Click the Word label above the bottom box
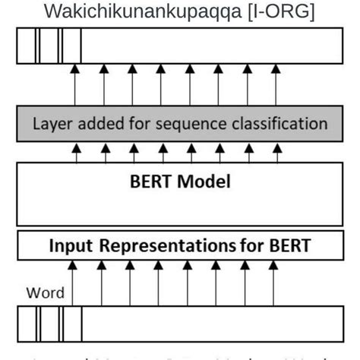tap(46, 292)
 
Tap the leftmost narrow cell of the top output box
tap(27, 50)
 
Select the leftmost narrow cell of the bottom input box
tap(27, 324)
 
